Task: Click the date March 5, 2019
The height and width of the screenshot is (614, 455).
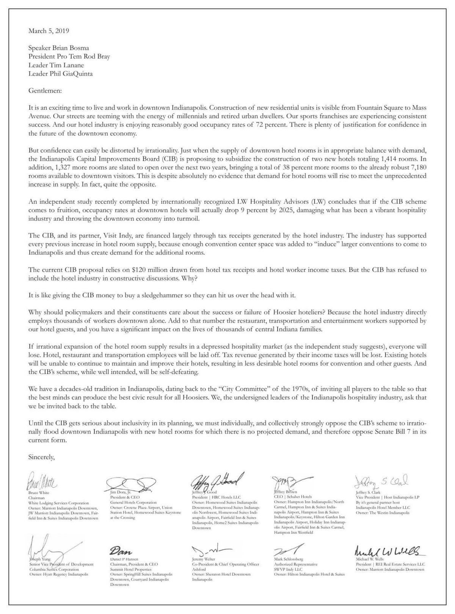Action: point(49,31)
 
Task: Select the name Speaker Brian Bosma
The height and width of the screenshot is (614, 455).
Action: point(59,48)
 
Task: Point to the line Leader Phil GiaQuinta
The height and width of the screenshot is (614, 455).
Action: point(60,74)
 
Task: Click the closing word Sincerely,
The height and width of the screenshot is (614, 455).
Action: point(42,457)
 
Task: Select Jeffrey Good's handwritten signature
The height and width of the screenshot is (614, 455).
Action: point(217,481)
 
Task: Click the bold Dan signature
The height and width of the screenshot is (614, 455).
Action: point(120,551)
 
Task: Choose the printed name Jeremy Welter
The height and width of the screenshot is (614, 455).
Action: point(204,559)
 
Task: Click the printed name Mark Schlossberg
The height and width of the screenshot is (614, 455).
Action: point(289,559)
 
